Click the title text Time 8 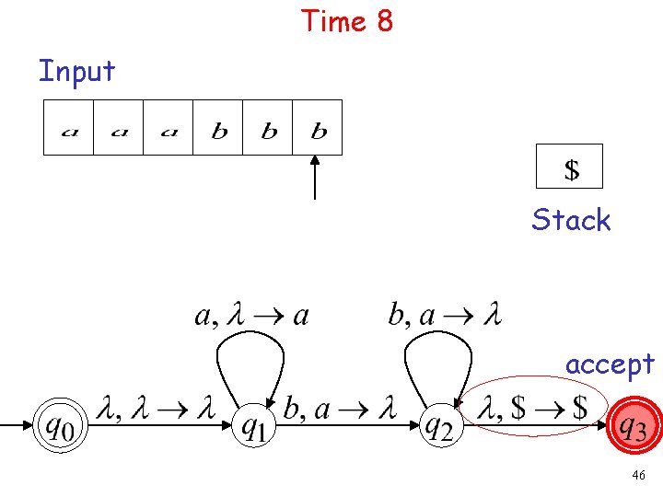click(347, 20)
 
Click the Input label click(77, 71)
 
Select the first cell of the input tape click(69, 128)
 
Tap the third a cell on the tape click(169, 128)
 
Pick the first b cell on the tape click(218, 128)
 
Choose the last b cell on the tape click(318, 128)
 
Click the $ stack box click(570, 167)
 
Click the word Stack click(571, 220)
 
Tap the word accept click(610, 364)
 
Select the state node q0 click(61, 426)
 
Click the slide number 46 click(639, 476)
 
